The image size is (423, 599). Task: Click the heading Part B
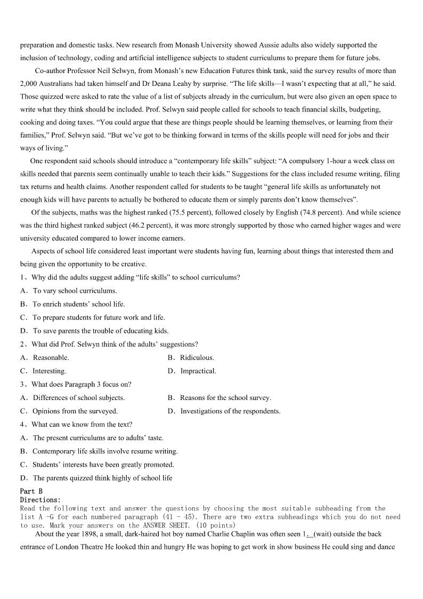pyautogui.click(x=31, y=491)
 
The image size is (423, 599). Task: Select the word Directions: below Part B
pyautogui.click(x=40, y=500)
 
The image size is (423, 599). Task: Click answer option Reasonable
pyautogui.click(x=51, y=357)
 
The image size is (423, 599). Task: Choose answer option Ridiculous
pyautogui.click(x=197, y=357)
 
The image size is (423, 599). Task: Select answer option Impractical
pyautogui.click(x=198, y=371)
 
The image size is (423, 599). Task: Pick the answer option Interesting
pyautogui.click(x=49, y=371)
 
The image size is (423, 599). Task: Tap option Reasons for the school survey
pyautogui.click(x=225, y=397)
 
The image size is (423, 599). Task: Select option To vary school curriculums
pyautogui.click(x=75, y=291)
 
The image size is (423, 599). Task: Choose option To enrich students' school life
pyautogui.click(x=79, y=304)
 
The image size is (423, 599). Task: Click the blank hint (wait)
pyautogui.click(x=324, y=534)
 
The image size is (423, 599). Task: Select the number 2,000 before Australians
pyautogui.click(x=29, y=84)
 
